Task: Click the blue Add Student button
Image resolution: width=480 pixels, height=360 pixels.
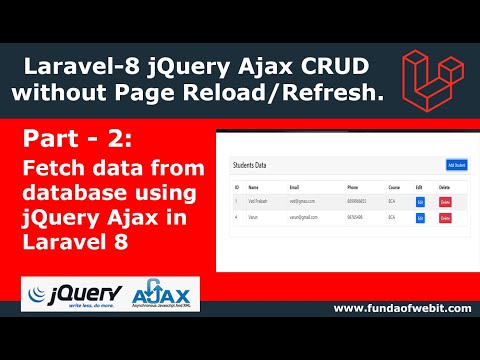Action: [x=457, y=164]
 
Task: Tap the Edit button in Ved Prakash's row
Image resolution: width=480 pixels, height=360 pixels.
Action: [x=420, y=203]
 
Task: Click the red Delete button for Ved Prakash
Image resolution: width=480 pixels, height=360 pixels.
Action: [x=445, y=203]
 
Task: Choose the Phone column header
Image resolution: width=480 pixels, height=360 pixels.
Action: [x=353, y=187]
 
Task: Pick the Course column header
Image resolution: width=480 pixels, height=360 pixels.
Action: [x=392, y=187]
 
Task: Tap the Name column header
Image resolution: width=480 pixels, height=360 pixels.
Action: [x=253, y=187]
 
